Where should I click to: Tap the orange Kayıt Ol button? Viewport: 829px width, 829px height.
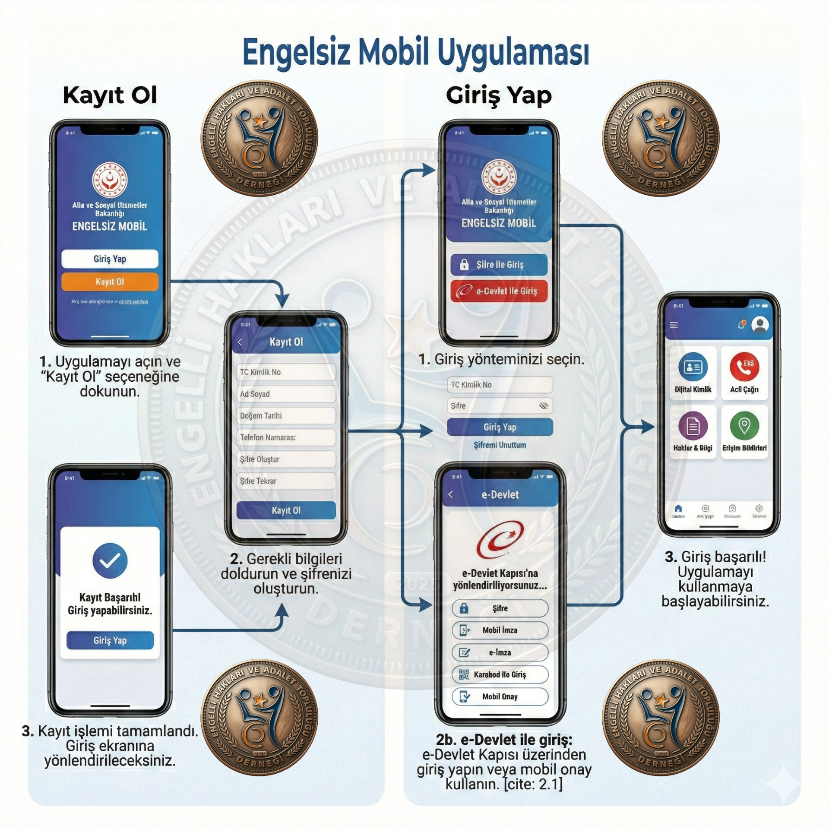pyautogui.click(x=110, y=282)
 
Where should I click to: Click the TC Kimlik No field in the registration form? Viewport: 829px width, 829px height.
pyautogui.click(x=286, y=372)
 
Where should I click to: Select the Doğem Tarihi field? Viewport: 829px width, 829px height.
pyautogui.click(x=286, y=415)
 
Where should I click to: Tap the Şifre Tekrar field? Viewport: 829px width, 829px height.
pyautogui.click(x=286, y=481)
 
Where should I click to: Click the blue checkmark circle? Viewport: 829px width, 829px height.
pyautogui.click(x=110, y=560)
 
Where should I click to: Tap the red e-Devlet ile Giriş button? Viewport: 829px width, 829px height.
pyautogui.click(x=499, y=291)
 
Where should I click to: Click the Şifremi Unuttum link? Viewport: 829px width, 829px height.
pyautogui.click(x=500, y=445)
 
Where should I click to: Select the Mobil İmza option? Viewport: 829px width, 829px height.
pyautogui.click(x=500, y=630)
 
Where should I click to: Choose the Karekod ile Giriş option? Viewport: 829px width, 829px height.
pyautogui.click(x=500, y=674)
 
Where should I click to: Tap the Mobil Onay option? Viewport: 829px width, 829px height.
pyautogui.click(x=500, y=696)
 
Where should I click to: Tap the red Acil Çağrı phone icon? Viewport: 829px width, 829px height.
pyautogui.click(x=744, y=367)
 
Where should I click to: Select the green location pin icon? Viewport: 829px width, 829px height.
pyautogui.click(x=744, y=426)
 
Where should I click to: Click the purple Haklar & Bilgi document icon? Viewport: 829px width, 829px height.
pyautogui.click(x=693, y=426)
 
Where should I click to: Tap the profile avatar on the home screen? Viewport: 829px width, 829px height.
pyautogui.click(x=760, y=325)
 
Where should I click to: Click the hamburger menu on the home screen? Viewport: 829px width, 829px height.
pyautogui.click(x=674, y=325)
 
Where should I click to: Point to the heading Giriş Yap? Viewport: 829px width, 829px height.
pyautogui.click(x=499, y=96)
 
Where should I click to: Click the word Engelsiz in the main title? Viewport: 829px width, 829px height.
pyautogui.click(x=296, y=53)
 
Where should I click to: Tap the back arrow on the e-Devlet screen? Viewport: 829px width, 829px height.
pyautogui.click(x=451, y=494)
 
